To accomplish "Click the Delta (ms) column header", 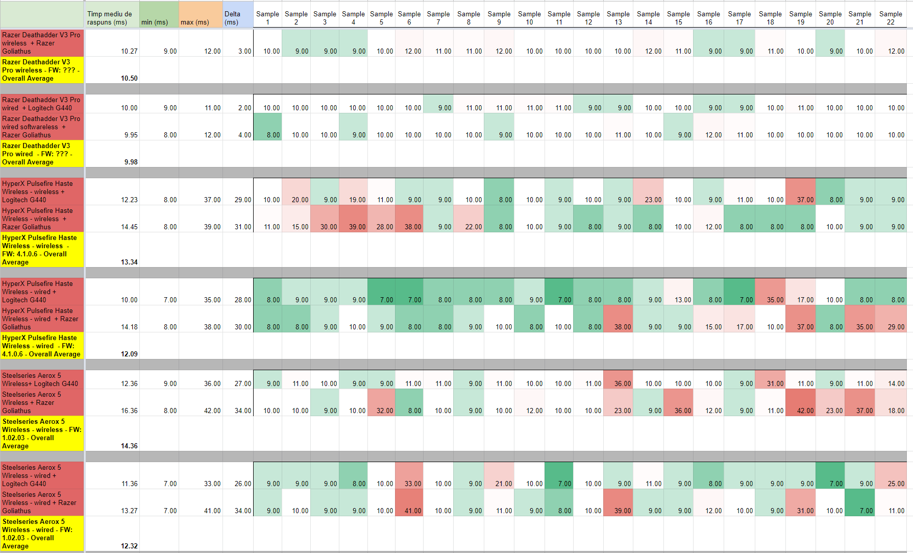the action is pyautogui.click(x=238, y=14).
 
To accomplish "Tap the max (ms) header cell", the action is pyautogui.click(x=201, y=14).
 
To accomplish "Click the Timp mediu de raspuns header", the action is pyautogui.click(x=112, y=14).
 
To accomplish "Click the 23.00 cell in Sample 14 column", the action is pyautogui.click(x=648, y=191).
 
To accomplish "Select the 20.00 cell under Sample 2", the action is pyautogui.click(x=296, y=191).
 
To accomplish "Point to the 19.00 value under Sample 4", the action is pyautogui.click(x=353, y=191).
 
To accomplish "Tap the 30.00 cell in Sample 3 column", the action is pyautogui.click(x=325, y=219).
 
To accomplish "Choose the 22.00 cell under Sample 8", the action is pyautogui.click(x=468, y=219).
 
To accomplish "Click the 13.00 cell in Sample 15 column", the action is pyautogui.click(x=678, y=292).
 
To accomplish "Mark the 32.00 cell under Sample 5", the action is pyautogui.click(x=381, y=402).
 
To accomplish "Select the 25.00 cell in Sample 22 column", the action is pyautogui.click(x=891, y=475).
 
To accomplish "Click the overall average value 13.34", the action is pyautogui.click(x=129, y=262).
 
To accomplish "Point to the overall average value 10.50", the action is pyautogui.click(x=129, y=78).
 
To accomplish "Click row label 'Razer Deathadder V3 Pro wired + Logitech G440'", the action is pyautogui.click(x=42, y=104).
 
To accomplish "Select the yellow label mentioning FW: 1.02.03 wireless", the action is pyautogui.click(x=42, y=434).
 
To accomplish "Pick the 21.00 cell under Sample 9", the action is pyautogui.click(x=499, y=475).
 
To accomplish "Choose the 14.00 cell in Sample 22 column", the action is pyautogui.click(x=891, y=380).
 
